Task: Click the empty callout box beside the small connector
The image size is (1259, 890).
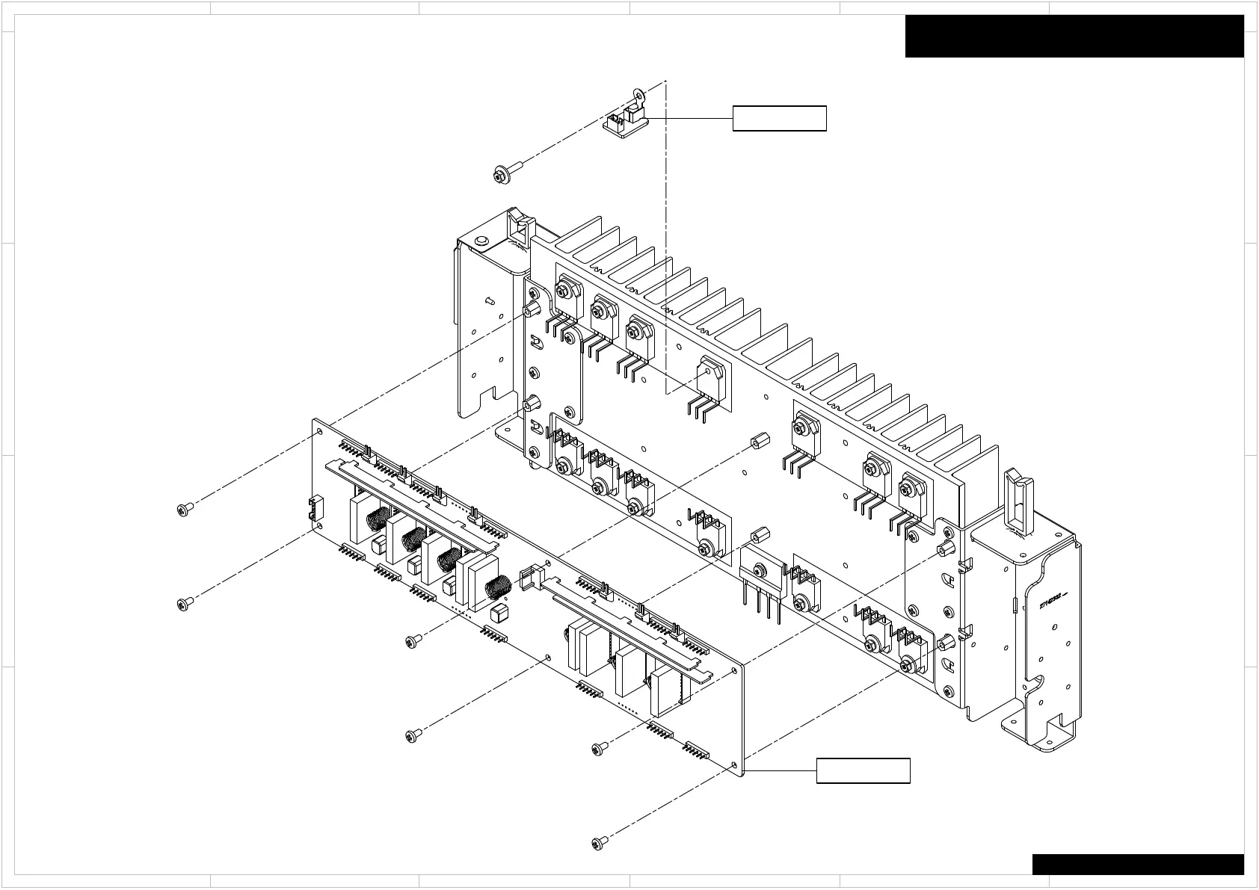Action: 779,118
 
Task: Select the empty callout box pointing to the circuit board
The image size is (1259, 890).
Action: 863,770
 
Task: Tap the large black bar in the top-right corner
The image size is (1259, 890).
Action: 1074,36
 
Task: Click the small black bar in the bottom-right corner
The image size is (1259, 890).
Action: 1138,864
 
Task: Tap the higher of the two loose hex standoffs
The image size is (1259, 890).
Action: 756,440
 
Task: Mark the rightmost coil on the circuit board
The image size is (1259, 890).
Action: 496,587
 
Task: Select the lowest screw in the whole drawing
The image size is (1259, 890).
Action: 600,842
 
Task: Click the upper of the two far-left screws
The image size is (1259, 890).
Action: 185,509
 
